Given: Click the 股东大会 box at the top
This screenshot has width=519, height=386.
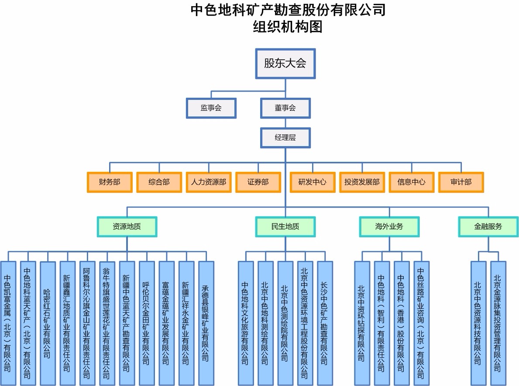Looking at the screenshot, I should click(x=285, y=63).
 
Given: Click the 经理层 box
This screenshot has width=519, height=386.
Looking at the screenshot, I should click(x=285, y=138).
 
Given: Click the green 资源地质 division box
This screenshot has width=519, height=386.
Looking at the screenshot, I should click(x=127, y=227).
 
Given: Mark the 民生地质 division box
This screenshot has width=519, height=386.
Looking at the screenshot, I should click(x=285, y=227).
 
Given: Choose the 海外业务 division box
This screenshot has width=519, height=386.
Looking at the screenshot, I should click(x=389, y=227).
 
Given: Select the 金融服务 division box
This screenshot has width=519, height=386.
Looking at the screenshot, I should click(x=488, y=227).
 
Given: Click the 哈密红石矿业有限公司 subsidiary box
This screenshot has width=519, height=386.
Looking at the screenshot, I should click(x=47, y=323).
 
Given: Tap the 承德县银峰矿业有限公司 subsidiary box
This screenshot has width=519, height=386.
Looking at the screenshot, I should click(x=206, y=323).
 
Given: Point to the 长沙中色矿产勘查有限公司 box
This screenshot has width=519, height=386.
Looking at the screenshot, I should click(x=325, y=323).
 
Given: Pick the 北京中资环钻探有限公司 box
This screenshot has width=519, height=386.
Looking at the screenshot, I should click(x=362, y=323).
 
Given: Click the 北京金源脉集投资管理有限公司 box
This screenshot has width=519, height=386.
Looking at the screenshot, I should click(x=498, y=323).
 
